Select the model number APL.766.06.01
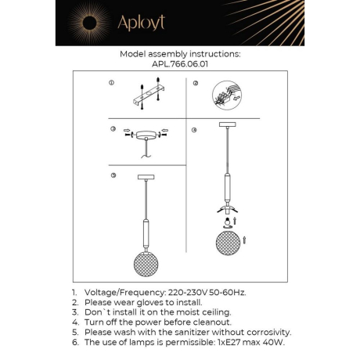(x=179, y=65)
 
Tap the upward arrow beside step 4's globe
(x=245, y=237)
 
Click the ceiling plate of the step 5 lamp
(x=145, y=178)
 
